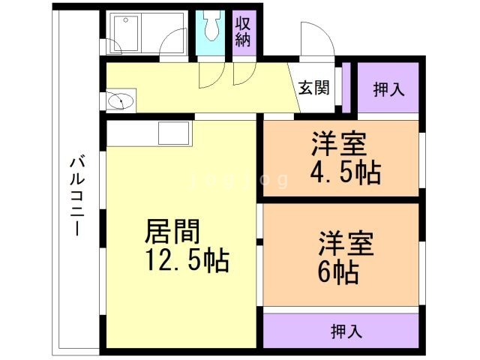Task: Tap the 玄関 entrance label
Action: pyautogui.click(x=314, y=88)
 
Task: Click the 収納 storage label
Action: pyautogui.click(x=244, y=31)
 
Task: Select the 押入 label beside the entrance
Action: pyautogui.click(x=388, y=88)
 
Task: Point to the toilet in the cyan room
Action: pyautogui.click(x=210, y=28)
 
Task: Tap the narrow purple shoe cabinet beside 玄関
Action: pyautogui.click(x=346, y=87)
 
